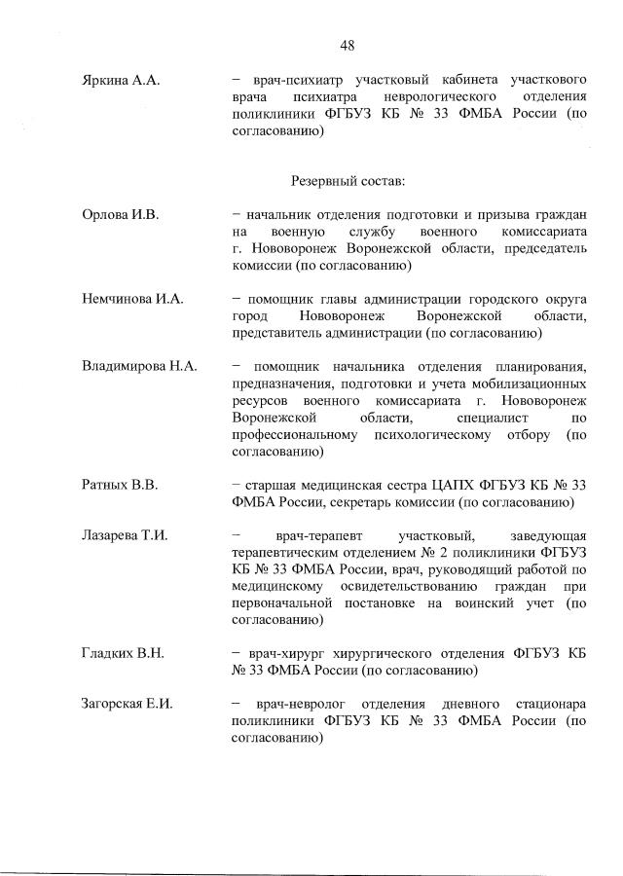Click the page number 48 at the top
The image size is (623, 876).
coord(348,45)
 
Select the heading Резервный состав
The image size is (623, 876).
coord(348,180)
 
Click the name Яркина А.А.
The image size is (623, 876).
coord(121,81)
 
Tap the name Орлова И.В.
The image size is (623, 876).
coord(120,214)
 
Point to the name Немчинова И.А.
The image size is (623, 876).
coord(132,299)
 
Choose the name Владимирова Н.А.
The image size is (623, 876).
coord(140,366)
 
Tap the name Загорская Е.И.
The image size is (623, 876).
coord(128,704)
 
